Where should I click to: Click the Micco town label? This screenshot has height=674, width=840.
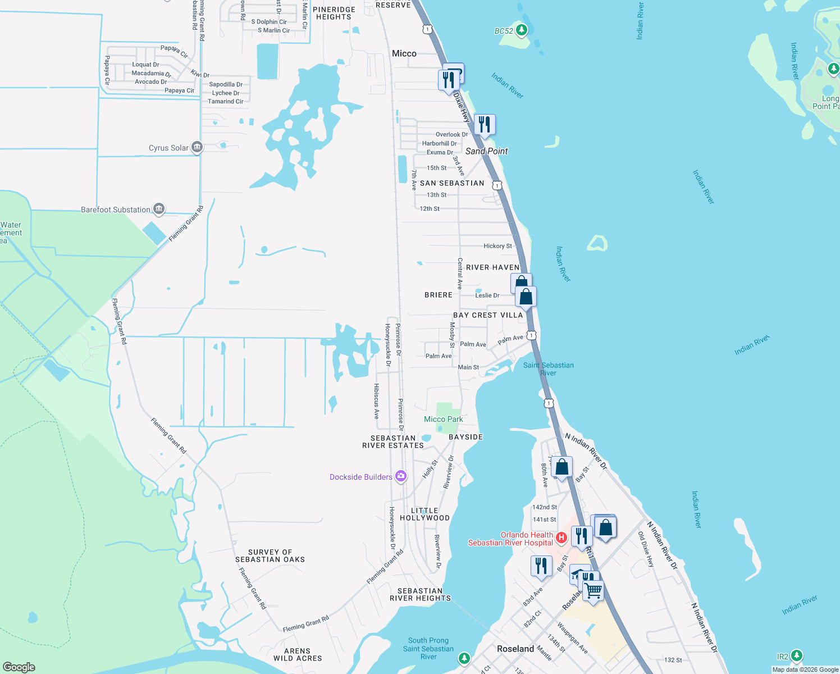404,54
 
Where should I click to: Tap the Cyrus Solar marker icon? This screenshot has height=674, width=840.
197,148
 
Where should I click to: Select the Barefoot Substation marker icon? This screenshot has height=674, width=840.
159,210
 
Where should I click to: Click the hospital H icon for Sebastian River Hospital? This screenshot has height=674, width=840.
561,538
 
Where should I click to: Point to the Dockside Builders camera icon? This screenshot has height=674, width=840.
400,477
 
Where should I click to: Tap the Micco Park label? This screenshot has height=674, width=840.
444,420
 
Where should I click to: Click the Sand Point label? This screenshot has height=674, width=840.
486,152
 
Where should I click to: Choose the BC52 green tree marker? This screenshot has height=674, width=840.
522,30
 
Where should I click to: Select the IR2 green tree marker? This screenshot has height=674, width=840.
796,655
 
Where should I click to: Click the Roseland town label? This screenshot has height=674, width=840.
515,649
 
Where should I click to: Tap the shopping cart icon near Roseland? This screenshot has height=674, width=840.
593,591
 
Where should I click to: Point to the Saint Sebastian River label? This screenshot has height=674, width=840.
548,369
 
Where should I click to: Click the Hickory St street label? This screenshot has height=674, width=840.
497,246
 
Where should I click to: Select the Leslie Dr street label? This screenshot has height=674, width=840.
487,295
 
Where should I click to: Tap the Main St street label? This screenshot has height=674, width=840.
468,367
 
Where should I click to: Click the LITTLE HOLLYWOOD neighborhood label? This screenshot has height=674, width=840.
425,514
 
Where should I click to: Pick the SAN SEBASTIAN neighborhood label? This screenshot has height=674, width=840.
452,183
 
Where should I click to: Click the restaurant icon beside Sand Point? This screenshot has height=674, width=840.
485,125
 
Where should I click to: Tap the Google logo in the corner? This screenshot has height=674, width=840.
19,667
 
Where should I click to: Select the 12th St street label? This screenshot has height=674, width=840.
430,209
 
